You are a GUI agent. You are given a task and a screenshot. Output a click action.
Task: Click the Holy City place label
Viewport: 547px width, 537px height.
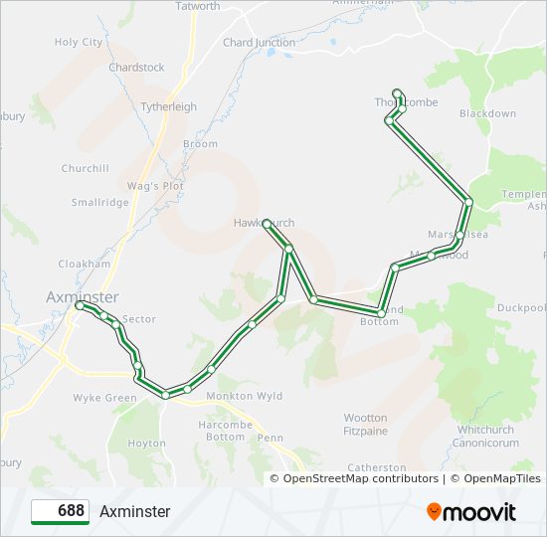tap(79, 43)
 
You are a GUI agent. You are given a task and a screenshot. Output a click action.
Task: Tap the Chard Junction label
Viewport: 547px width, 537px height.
tap(259, 43)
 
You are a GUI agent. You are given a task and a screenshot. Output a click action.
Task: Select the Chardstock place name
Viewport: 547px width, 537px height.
tap(136, 68)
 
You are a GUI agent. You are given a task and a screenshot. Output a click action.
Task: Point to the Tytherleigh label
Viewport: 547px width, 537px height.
tap(169, 106)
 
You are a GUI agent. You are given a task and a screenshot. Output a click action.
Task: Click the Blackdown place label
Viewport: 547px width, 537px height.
tap(487, 114)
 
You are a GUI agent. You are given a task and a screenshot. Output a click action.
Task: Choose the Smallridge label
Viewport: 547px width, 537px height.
tap(99, 202)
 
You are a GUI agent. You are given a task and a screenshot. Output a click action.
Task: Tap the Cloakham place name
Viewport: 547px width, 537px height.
tap(84, 264)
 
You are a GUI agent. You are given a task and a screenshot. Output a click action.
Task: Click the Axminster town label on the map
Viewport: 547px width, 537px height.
tap(83, 296)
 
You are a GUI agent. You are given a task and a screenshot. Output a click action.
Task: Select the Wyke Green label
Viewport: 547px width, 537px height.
tap(104, 398)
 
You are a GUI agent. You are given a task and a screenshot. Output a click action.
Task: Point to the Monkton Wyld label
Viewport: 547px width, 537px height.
tap(244, 396)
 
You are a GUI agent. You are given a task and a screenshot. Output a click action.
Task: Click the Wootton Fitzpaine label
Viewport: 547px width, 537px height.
tap(365, 425)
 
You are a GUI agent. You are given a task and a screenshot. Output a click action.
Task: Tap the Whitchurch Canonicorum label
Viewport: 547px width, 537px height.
tap(487, 436)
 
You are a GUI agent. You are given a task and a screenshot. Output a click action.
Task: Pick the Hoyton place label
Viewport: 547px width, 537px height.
tap(147, 444)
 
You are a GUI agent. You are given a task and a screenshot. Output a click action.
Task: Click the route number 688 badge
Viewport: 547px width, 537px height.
tap(61, 511)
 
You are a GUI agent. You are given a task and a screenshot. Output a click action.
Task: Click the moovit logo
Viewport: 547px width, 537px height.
tap(471, 512)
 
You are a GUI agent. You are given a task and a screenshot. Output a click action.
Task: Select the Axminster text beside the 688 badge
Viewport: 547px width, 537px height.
tap(134, 511)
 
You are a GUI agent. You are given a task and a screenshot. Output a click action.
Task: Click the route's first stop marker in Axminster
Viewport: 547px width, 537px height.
tap(80, 307)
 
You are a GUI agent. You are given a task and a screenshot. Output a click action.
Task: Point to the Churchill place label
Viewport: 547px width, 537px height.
tap(85, 168)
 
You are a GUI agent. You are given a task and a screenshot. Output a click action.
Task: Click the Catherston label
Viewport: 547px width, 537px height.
tap(377, 467)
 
